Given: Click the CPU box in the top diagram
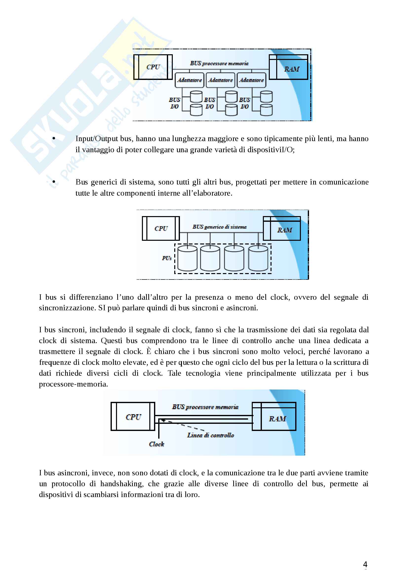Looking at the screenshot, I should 153,67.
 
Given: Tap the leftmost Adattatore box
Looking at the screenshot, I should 189,80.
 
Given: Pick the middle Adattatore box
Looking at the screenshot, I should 220,80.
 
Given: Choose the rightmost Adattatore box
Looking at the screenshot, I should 251,80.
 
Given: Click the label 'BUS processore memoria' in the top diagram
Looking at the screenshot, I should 219,63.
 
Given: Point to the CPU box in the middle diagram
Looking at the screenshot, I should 161,228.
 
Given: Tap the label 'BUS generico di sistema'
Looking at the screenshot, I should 219,227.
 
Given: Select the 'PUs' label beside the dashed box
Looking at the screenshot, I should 167,258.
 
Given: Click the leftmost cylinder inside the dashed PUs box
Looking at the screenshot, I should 187,258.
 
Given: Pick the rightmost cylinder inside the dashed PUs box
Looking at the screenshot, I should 258,258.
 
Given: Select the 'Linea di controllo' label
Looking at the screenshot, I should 210,435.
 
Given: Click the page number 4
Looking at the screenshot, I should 365,564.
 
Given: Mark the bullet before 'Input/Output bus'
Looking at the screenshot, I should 54,138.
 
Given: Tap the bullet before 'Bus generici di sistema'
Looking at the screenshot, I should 54,182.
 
